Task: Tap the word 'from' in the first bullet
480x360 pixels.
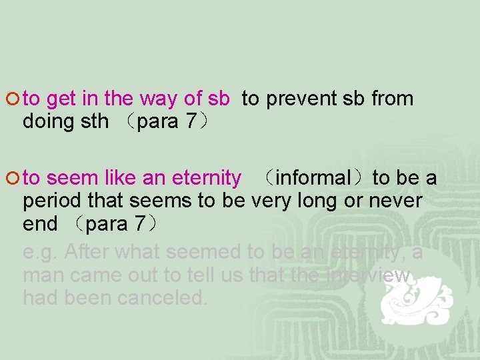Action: click(393, 99)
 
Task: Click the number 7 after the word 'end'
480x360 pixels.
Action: click(139, 224)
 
